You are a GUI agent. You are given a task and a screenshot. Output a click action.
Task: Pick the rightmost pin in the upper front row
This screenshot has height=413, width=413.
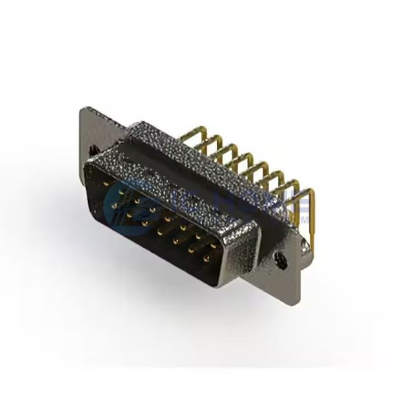[x=213, y=246]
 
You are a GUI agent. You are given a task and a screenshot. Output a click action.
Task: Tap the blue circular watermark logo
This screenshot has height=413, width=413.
[x=121, y=200]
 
